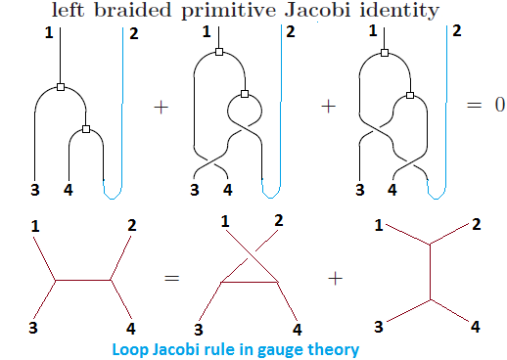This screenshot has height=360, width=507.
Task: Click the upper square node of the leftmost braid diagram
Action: click(61, 88)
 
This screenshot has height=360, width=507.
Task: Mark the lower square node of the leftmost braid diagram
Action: click(86, 129)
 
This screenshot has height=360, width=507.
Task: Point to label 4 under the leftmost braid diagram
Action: click(68, 189)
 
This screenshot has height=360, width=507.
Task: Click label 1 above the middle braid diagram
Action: click(207, 33)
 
